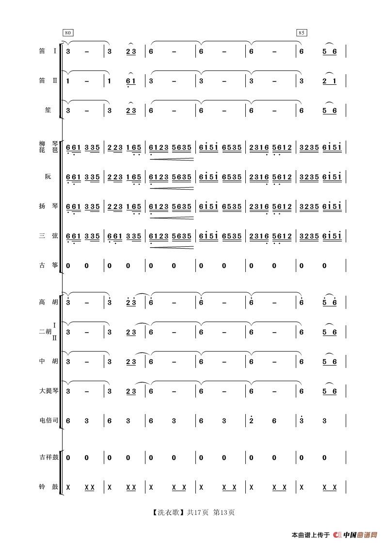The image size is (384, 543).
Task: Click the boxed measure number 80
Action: click(x=68, y=32)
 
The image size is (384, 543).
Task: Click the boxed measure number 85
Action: click(x=302, y=32)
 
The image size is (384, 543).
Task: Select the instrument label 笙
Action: click(x=48, y=110)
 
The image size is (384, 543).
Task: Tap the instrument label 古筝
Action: click(x=48, y=265)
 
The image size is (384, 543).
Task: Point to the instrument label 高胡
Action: click(x=48, y=302)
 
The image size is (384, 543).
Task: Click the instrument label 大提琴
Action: click(x=49, y=391)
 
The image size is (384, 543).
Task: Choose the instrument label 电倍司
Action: click(x=49, y=420)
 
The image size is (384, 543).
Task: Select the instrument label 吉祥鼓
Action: click(x=49, y=457)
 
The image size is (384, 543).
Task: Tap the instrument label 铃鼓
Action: click(x=48, y=486)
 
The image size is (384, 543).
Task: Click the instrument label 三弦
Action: click(x=48, y=236)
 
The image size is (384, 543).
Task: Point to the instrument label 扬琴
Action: click(x=48, y=206)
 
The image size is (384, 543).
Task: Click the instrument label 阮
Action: click(x=48, y=177)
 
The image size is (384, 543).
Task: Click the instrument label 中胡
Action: click(x=48, y=361)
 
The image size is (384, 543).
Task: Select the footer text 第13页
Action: click(x=224, y=512)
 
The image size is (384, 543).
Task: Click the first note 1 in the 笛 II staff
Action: click(x=68, y=81)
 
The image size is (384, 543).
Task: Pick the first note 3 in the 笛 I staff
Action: click(x=68, y=51)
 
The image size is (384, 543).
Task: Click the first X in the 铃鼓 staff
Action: click(x=68, y=487)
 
